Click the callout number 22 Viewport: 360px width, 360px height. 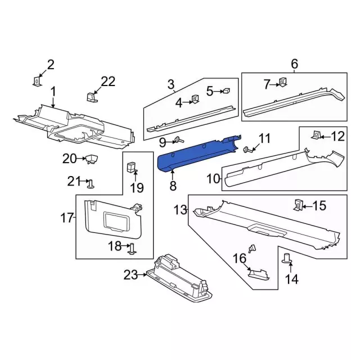108,82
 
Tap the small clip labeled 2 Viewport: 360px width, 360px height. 37,81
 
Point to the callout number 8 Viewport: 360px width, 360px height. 173,186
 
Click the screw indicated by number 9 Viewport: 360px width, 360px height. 178,139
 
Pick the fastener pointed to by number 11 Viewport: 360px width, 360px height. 246,150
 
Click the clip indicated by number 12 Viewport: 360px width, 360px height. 316,135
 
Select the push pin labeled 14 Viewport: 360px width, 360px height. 286,258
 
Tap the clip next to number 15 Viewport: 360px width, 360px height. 298,205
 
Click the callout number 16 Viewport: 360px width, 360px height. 240,259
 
